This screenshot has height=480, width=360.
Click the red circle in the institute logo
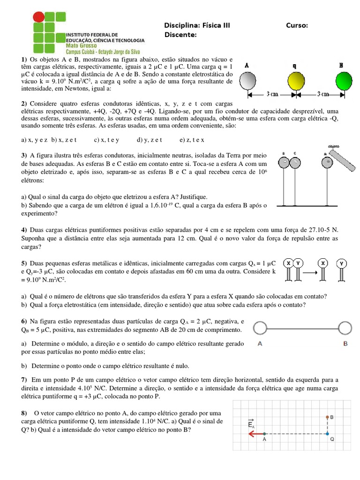(38, 18)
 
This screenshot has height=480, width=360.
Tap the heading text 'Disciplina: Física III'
(197, 25)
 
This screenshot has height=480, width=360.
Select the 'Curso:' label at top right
(297, 25)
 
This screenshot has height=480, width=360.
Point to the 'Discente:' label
(181, 34)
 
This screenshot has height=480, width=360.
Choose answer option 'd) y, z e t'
(150, 140)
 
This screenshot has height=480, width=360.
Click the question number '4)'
(24, 230)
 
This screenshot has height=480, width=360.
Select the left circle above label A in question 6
(260, 327)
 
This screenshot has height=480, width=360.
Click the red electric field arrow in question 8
(255, 434)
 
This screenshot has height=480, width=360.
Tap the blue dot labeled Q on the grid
(327, 434)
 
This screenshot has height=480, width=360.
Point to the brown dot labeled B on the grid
(327, 417)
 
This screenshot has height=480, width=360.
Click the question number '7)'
(24, 379)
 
